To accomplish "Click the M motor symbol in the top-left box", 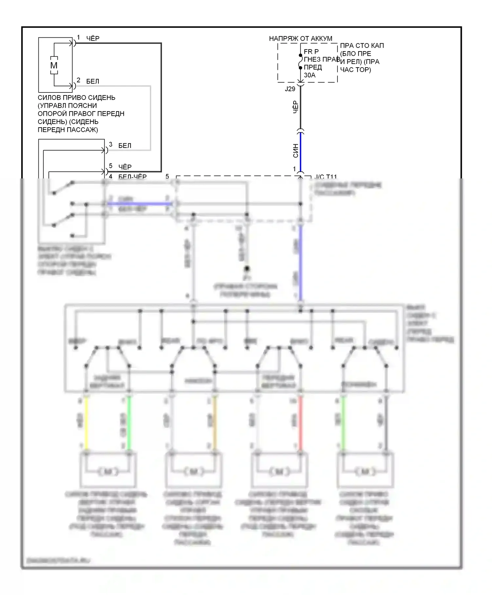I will (x=54, y=65).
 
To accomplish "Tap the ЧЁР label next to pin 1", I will (x=92, y=39).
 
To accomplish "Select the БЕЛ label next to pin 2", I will (x=92, y=81).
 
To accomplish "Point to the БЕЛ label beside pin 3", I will (x=125, y=146).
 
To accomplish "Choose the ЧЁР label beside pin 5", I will (x=125, y=167).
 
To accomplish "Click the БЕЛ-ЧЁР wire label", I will (x=132, y=176).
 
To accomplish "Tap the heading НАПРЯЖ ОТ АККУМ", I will (x=300, y=39).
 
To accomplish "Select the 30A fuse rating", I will (x=309, y=75).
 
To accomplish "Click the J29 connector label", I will (x=290, y=89).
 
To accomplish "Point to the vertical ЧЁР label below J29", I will (x=296, y=107).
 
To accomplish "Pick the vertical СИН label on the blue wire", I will (x=296, y=151).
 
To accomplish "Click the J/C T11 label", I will (x=325, y=177).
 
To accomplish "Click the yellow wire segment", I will (x=86, y=423).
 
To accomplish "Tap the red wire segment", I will (x=300, y=423).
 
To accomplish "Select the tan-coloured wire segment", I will (x=215, y=423).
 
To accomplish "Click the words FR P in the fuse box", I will (x=311, y=51).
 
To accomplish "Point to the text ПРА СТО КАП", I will (x=362, y=46).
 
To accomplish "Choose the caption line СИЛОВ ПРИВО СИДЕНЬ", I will (x=76, y=98).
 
